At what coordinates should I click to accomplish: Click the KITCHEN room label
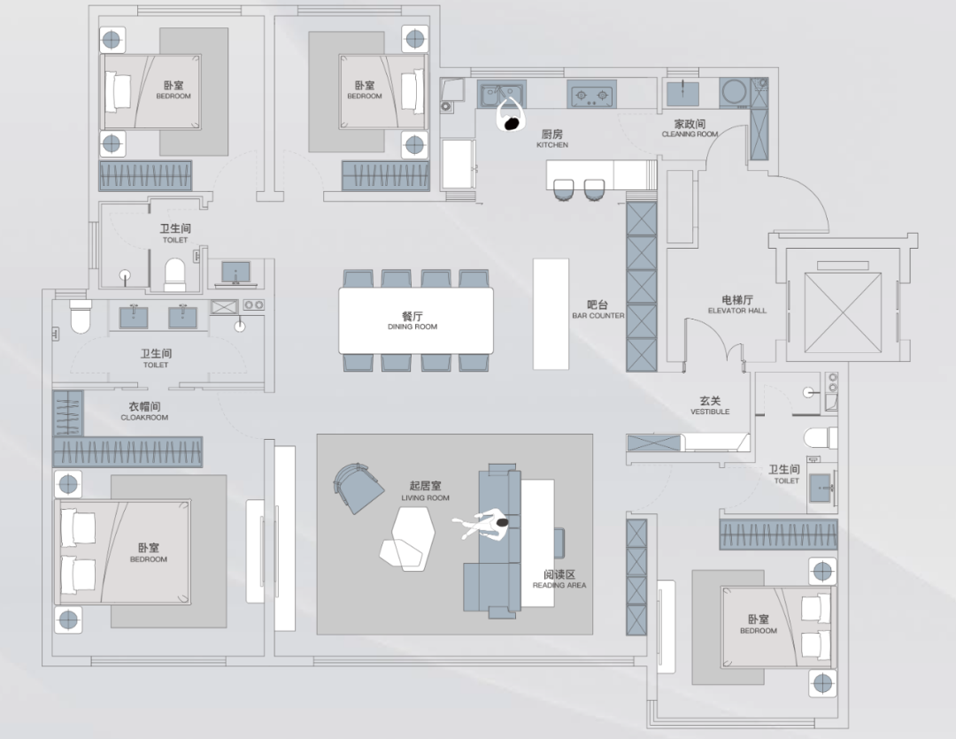[552, 138]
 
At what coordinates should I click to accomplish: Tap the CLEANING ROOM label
[690, 129]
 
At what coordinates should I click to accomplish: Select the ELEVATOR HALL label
[736, 305]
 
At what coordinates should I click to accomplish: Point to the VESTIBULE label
[710, 406]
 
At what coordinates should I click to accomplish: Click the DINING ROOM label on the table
[412, 320]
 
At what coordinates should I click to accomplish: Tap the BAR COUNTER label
[598, 310]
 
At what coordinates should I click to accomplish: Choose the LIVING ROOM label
[425, 491]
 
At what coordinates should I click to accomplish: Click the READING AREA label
[559, 580]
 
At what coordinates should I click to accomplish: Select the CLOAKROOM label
[144, 412]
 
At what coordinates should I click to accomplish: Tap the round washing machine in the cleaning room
[734, 92]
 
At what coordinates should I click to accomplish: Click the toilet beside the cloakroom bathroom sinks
[80, 316]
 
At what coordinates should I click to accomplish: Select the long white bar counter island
[551, 312]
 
